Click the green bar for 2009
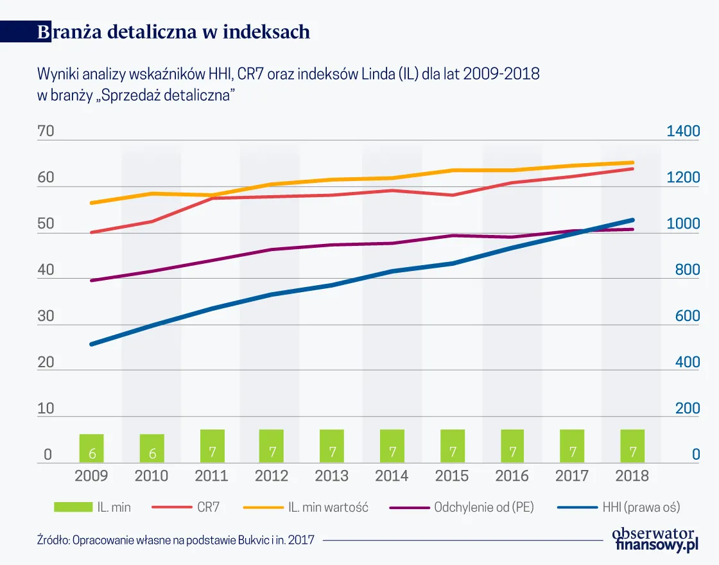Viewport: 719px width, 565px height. (x=92, y=448)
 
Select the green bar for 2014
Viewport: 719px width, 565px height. (x=392, y=446)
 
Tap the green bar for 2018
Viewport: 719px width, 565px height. (x=632, y=446)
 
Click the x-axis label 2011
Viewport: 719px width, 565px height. (x=212, y=476)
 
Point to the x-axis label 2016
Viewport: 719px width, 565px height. (x=512, y=476)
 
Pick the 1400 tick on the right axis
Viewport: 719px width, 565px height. (x=683, y=132)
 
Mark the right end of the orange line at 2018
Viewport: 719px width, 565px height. (x=632, y=162)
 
